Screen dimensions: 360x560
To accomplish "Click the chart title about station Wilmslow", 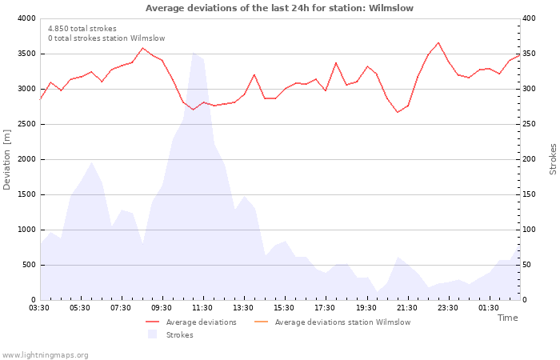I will pyautogui.click(x=279, y=8).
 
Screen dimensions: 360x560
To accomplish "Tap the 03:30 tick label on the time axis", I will pyautogui.click(x=40, y=307).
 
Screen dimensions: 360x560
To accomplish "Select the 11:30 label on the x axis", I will pyautogui.click(x=202, y=307).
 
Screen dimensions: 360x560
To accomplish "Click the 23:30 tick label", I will pyautogui.click(x=448, y=307).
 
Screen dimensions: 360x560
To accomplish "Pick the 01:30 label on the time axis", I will pyautogui.click(x=489, y=307).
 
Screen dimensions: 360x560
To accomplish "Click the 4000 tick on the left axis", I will pyautogui.click(x=26, y=18).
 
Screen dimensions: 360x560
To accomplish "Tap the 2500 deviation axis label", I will pyautogui.click(x=26, y=124).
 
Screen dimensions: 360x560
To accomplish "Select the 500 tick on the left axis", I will pyautogui.click(x=29, y=265).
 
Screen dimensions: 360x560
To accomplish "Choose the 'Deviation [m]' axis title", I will pyautogui.click(x=7, y=159).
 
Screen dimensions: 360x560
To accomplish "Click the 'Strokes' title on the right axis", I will pyautogui.click(x=553, y=159).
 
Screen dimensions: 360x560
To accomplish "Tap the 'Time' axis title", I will pyautogui.click(x=507, y=318).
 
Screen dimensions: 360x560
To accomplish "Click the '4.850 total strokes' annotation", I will pyautogui.click(x=82, y=29).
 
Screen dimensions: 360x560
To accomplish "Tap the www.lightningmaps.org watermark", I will pyautogui.click(x=45, y=354).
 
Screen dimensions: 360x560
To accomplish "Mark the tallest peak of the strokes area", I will pyautogui.click(x=193, y=53).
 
